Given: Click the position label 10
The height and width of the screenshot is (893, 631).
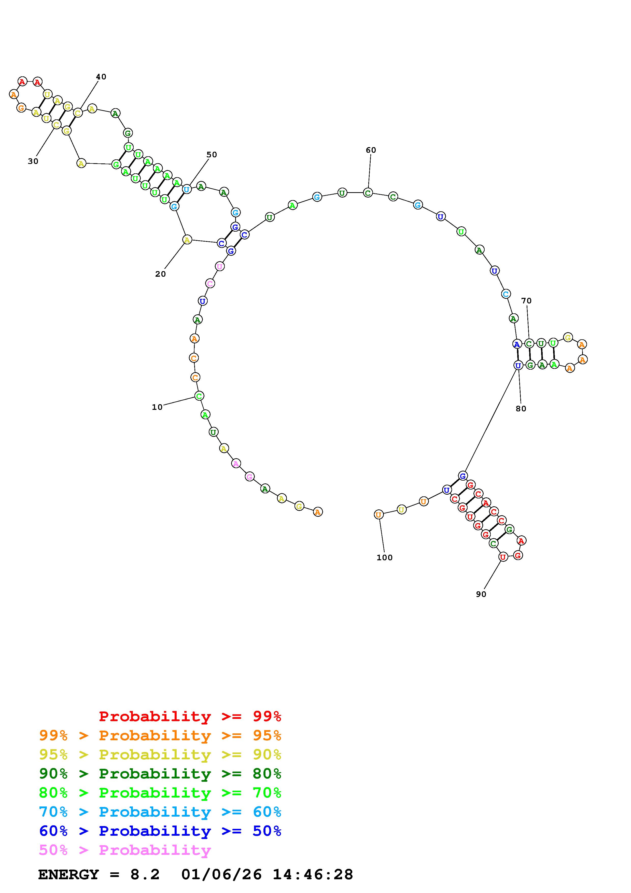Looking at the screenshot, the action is click(x=157, y=407).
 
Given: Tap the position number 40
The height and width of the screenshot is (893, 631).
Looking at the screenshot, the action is click(x=101, y=77).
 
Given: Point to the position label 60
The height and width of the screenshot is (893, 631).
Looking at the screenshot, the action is click(x=371, y=150).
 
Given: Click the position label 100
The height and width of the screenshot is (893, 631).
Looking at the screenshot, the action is click(x=385, y=557).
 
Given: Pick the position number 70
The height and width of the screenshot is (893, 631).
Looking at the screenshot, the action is click(x=526, y=301).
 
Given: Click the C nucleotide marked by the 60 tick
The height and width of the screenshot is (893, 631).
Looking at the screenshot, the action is click(x=368, y=192).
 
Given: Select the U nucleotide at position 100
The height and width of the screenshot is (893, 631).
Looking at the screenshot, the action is click(x=378, y=514).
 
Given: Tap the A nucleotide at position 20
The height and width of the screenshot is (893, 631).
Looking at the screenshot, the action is click(x=187, y=240).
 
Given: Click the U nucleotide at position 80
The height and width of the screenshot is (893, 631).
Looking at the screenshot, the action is click(x=518, y=365).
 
